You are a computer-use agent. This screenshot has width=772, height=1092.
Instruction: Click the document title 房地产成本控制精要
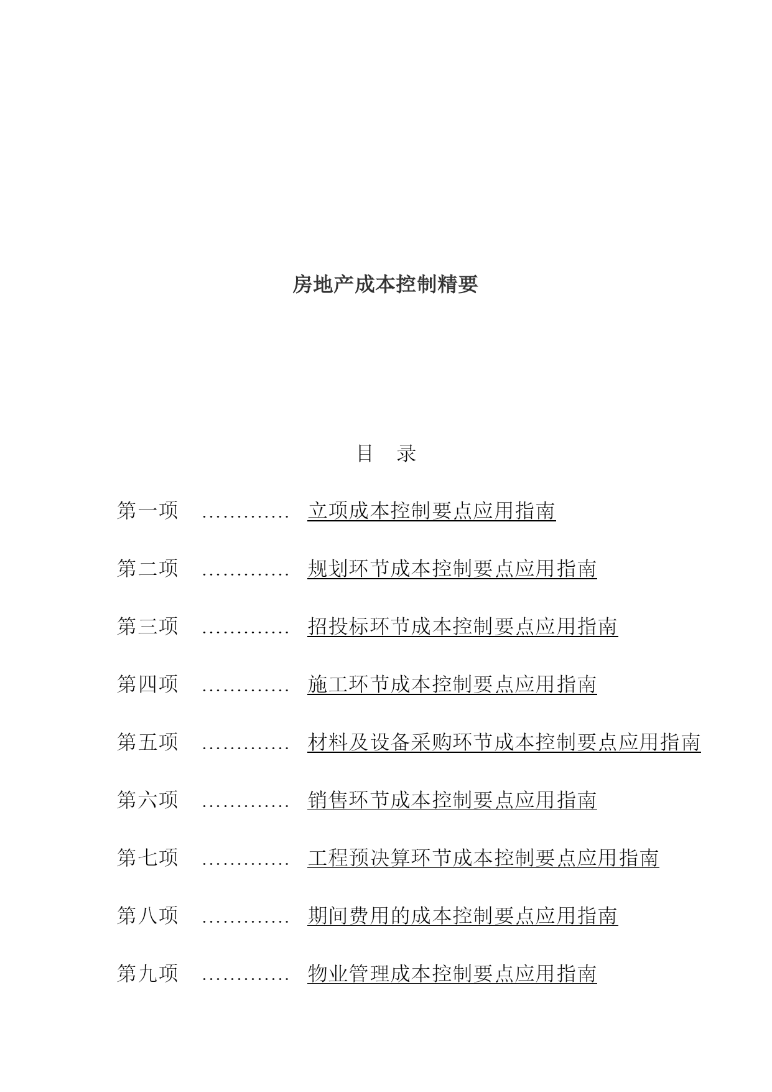(385, 284)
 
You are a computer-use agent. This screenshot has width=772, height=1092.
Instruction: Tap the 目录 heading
(386, 453)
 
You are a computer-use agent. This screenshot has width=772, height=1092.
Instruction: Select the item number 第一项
(148, 510)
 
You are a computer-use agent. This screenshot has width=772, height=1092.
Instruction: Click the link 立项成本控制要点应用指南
(431, 511)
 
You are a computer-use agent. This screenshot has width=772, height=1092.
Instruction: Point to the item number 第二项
(148, 568)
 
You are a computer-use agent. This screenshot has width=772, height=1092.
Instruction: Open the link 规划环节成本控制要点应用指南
(452, 569)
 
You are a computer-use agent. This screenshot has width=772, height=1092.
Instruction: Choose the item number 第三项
(148, 626)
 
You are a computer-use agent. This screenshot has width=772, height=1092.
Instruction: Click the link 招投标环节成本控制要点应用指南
(462, 627)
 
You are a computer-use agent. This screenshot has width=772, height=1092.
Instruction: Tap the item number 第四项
(148, 684)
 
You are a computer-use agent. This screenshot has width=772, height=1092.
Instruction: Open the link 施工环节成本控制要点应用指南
(452, 684)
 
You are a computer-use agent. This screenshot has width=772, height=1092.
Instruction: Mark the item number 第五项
(148, 742)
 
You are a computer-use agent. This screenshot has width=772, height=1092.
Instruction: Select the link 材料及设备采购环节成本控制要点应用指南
(504, 742)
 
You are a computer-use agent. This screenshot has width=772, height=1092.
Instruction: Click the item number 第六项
(148, 800)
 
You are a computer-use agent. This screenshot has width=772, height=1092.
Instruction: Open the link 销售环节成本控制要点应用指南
(452, 800)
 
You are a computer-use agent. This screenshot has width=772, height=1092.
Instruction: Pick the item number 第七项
(148, 857)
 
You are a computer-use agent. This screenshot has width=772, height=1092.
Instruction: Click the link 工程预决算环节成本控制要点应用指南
(483, 858)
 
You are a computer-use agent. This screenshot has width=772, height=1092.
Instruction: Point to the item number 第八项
(148, 915)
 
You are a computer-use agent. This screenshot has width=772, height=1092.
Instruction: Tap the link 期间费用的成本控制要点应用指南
(462, 916)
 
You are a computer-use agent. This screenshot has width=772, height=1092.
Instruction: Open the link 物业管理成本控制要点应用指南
(452, 974)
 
